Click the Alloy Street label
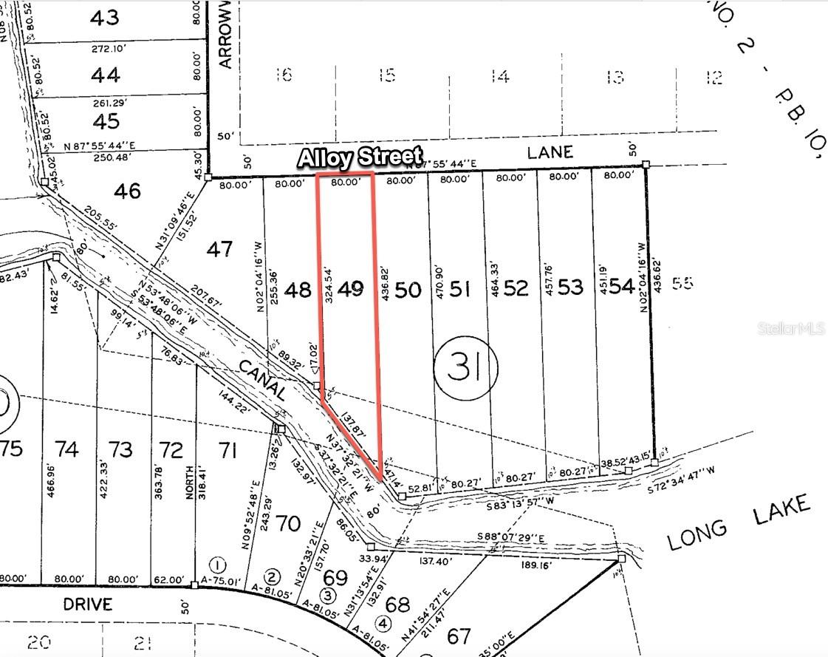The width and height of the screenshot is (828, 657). pyautogui.click(x=360, y=157)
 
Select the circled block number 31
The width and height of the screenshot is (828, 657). pyautogui.click(x=465, y=367)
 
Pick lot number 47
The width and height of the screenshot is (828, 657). pyautogui.click(x=219, y=249)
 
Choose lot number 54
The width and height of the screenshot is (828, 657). pyautogui.click(x=621, y=287)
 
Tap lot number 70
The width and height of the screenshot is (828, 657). pyautogui.click(x=288, y=523)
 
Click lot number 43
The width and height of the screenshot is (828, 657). pyautogui.click(x=105, y=18)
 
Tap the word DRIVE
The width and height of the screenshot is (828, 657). pyautogui.click(x=87, y=605)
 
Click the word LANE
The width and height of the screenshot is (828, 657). pyautogui.click(x=550, y=152)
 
